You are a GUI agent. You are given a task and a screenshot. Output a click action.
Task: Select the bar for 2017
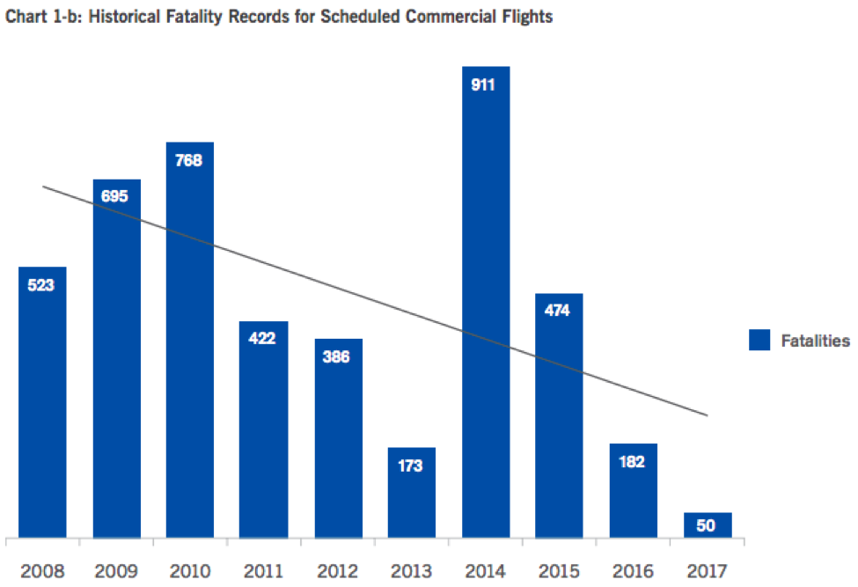[x=708, y=525]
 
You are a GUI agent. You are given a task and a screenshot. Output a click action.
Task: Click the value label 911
[x=485, y=85]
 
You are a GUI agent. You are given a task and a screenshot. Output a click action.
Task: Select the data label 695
[x=115, y=195]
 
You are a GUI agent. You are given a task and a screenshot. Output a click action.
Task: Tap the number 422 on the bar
[x=263, y=338]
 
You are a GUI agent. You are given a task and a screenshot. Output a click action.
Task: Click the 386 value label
[x=337, y=358]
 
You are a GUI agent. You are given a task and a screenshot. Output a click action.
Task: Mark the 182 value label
[x=633, y=463]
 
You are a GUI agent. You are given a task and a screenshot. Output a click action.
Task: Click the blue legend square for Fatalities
[x=759, y=341]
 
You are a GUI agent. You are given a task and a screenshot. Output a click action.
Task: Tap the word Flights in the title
[x=528, y=17]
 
